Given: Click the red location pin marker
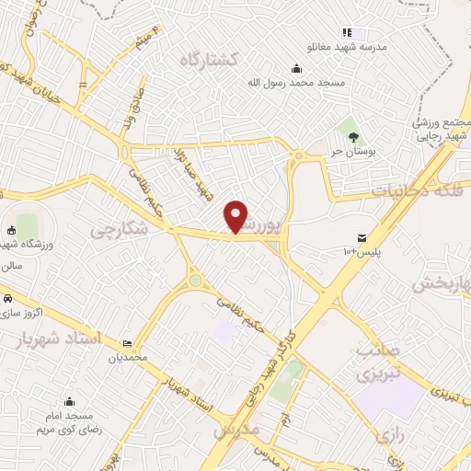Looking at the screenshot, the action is coord(236,216).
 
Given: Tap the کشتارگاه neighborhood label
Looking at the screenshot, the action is coord(209,59).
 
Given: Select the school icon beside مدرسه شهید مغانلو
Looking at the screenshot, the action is coord(347,33).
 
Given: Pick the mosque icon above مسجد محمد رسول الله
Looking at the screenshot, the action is coord(296,68).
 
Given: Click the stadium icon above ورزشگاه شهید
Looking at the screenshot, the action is coord(11,230).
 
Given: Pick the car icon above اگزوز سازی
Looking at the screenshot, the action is coord(7,299).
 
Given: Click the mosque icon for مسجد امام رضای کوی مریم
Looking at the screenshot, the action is coord(69,401).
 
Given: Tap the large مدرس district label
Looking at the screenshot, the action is coord(236,431).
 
